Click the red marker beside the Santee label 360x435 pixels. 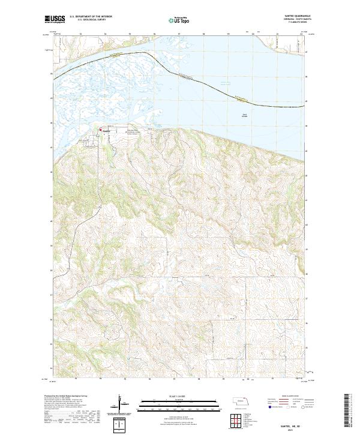(x=100, y=130)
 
